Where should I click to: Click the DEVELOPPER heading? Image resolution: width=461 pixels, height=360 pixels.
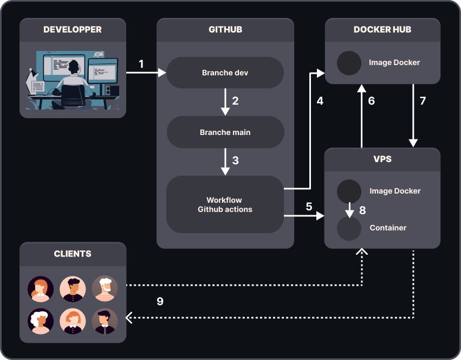click(73, 30)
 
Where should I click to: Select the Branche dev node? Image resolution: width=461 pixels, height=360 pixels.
click(225, 73)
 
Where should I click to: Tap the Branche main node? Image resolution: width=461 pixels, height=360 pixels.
click(225, 132)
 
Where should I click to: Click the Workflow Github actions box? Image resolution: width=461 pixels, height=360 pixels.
click(225, 204)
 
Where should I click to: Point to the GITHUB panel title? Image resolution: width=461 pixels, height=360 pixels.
click(225, 30)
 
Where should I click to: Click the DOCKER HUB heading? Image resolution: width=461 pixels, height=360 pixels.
click(382, 30)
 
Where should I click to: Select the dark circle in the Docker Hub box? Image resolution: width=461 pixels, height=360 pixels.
click(349, 63)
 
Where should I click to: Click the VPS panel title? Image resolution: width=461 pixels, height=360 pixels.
click(382, 159)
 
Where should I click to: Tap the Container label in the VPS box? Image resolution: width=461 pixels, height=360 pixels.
click(388, 228)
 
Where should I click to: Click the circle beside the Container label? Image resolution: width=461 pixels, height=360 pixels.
click(349, 228)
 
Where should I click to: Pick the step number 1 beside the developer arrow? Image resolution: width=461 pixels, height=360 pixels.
click(141, 64)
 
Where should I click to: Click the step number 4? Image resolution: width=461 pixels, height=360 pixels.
click(320, 101)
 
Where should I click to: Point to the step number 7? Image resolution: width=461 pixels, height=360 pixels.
click(423, 101)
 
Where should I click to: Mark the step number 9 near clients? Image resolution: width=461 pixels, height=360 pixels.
click(160, 301)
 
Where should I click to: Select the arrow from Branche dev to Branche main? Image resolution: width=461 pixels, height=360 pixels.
click(225, 101)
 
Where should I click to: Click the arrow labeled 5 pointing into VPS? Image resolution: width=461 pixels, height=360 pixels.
click(303, 216)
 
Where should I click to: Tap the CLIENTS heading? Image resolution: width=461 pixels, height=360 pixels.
click(73, 254)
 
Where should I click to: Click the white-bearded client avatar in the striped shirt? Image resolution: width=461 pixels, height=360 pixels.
click(105, 289)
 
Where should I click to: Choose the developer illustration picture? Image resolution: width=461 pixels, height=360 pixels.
click(73, 80)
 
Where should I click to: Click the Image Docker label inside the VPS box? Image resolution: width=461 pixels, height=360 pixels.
click(395, 191)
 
